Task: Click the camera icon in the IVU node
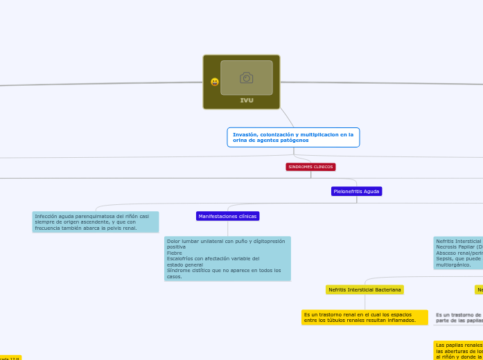point(246,78)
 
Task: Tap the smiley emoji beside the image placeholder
point(215,82)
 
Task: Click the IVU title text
point(247,100)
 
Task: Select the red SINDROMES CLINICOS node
point(310,167)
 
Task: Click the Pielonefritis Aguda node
point(356,191)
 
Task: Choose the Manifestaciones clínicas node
point(227,216)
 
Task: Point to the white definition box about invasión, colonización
point(293,137)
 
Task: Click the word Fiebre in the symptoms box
point(175,253)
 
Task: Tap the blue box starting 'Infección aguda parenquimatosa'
point(96,222)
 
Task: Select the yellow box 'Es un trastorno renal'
point(365,317)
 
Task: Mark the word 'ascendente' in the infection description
point(100,222)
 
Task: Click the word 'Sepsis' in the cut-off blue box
point(444,259)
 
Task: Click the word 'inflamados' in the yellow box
point(401,321)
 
